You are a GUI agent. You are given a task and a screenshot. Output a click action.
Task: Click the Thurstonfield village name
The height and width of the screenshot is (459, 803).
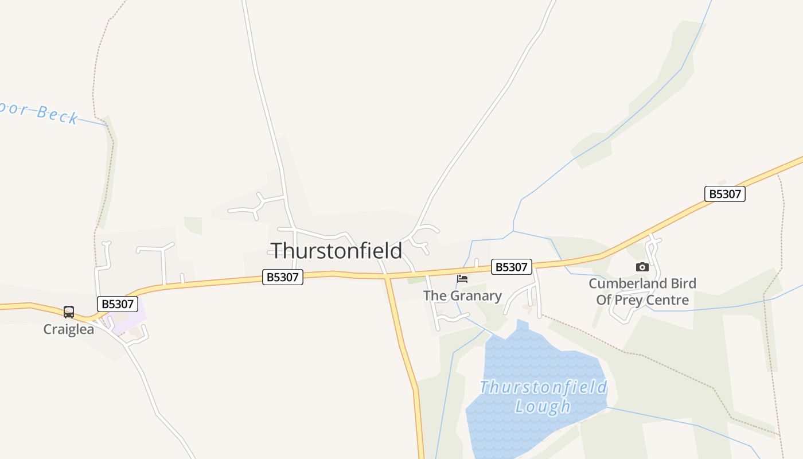pyautogui.click(x=336, y=251)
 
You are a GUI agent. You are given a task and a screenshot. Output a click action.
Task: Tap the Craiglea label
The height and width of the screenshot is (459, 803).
pyautogui.click(x=69, y=329)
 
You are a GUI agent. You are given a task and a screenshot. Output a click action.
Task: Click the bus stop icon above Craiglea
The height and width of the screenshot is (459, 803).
pyautogui.click(x=69, y=312)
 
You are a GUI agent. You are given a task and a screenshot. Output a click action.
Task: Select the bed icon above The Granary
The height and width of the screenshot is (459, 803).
pyautogui.click(x=462, y=279)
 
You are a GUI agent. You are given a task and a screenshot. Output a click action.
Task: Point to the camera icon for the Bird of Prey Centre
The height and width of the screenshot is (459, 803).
pyautogui.click(x=642, y=267)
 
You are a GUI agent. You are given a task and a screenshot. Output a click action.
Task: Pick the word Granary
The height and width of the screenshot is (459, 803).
pyautogui.click(x=476, y=296)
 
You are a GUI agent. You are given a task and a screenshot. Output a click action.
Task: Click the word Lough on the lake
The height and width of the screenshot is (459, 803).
pyautogui.click(x=543, y=407)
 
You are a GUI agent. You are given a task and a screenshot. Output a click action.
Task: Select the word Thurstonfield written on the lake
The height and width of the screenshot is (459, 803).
pyautogui.click(x=543, y=387)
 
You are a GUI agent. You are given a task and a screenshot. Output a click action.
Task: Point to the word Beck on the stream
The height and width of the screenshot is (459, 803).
pyautogui.click(x=57, y=114)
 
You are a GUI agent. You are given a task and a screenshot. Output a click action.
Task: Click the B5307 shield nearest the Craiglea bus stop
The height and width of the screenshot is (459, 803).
pyautogui.click(x=117, y=304)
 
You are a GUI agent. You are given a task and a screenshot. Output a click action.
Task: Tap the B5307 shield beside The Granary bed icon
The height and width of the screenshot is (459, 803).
pyautogui.click(x=512, y=267)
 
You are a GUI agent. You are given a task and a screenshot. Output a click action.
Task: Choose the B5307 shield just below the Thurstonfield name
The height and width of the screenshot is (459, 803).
pyautogui.click(x=283, y=277)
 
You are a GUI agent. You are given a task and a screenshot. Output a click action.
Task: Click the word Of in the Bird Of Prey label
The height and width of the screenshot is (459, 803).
pyautogui.click(x=604, y=299)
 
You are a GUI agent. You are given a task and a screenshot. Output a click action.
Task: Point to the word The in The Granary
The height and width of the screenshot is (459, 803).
pyautogui.click(x=434, y=296)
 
